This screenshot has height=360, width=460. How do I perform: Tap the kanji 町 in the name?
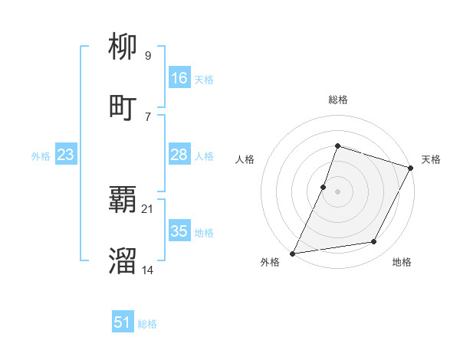pos(123,107)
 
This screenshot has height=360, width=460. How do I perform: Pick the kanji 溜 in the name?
pos(123,261)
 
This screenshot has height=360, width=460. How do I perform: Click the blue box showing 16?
pos(179,78)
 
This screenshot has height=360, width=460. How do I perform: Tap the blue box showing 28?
pos(179,155)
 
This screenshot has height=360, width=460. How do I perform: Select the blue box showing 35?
pos(179,231)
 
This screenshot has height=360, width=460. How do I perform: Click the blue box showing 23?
pos(65,155)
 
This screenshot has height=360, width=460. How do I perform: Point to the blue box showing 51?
pos(122,322)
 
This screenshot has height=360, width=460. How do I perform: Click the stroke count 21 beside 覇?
pos(148,208)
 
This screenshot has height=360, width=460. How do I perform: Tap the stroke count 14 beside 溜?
pos(148,269)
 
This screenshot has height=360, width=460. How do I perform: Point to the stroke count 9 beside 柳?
pos(147,55)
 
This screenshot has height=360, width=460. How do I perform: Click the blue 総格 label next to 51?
pos(147,324)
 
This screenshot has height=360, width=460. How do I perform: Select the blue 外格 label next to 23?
pos(41,156)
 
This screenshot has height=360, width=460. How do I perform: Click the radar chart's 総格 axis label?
pos(337,100)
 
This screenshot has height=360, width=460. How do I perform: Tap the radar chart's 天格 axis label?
pos(431,159)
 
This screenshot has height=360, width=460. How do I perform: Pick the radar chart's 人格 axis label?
pos(245,159)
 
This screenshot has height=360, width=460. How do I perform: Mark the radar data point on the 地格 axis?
pos(374,242)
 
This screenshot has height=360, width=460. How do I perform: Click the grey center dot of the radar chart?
pos(337,191)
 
